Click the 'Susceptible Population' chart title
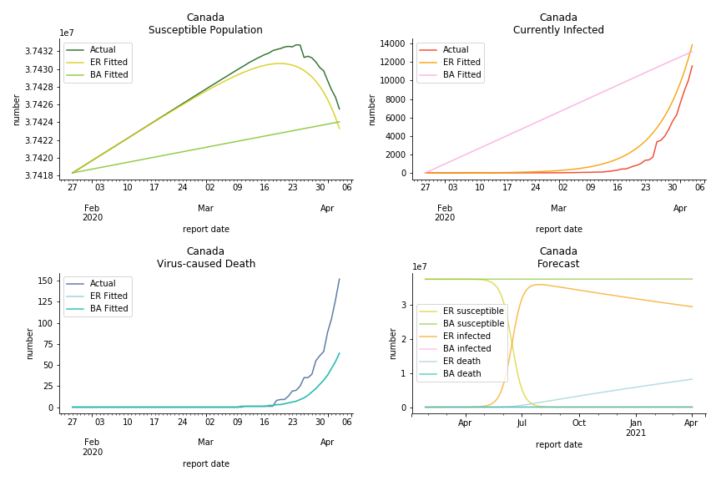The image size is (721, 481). (x=205, y=30)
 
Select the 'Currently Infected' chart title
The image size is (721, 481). (x=558, y=30)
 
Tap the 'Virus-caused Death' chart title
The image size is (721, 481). (x=205, y=264)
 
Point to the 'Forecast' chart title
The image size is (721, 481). (x=558, y=264)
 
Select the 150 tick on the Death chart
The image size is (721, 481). (x=45, y=281)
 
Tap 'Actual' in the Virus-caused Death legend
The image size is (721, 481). (x=103, y=284)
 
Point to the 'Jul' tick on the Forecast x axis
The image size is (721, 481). (x=522, y=423)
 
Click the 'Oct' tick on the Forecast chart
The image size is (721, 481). (x=578, y=423)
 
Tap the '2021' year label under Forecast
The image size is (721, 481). (x=635, y=433)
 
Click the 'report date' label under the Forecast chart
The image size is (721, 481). (x=558, y=445)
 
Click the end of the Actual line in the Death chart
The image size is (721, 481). (x=339, y=279)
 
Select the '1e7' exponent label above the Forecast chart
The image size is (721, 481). (x=420, y=267)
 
